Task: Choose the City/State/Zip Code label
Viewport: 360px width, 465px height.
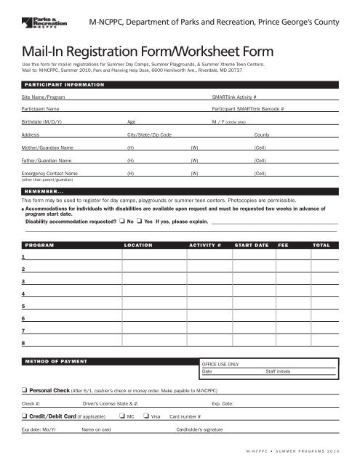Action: pos(149,135)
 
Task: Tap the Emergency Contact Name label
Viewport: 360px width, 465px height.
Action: pos(50,174)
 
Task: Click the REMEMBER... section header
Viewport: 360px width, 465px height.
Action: pos(45,190)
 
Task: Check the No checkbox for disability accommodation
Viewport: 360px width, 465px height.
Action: pos(122,222)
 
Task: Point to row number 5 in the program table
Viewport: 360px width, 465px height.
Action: pos(24,306)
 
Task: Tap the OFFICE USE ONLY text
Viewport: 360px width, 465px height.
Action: pos(220,364)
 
